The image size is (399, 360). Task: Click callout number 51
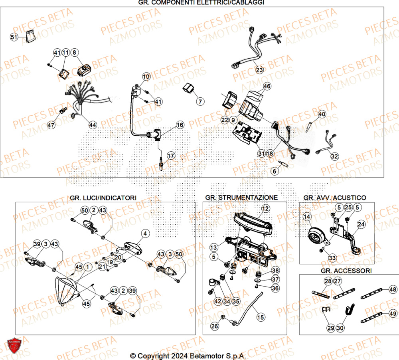14,37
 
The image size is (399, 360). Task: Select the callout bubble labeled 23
259,70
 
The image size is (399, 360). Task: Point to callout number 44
93,125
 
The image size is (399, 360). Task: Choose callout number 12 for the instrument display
265,208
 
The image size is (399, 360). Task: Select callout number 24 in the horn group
361,225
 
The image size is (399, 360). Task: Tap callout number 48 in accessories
393,289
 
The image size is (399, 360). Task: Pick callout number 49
393,313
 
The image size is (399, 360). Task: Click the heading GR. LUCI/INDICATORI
103,198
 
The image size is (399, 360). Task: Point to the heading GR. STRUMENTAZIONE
241,198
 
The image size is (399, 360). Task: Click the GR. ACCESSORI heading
349,271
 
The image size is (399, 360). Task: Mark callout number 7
199,102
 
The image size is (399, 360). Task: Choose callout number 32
334,156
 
